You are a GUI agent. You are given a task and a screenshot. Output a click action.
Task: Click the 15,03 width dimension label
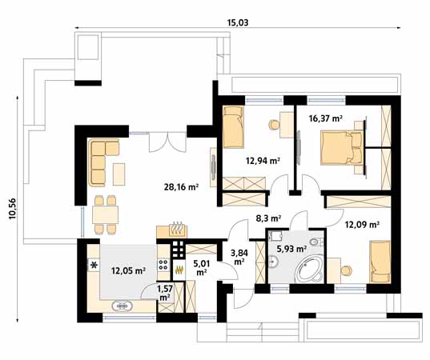pos(238,22)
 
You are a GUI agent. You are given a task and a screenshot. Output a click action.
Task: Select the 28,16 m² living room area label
pos(180,188)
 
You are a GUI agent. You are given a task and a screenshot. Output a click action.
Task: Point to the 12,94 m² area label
pos(263,161)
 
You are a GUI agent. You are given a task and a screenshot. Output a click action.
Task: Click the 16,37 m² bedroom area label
pos(325,118)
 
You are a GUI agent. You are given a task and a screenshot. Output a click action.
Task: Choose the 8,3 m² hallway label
pos(268,217)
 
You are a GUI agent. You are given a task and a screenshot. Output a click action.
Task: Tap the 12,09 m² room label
pos(362,225)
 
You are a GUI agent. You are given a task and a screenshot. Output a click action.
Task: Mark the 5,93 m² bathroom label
pos(291,249)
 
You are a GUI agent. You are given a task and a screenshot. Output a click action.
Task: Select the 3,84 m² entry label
pos(239,258)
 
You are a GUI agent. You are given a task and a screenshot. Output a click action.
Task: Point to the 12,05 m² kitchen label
pos(128,270)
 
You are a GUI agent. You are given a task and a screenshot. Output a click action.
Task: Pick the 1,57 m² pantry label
pos(166,292)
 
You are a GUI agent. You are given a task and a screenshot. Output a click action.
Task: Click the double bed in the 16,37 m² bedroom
pos(340,148)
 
